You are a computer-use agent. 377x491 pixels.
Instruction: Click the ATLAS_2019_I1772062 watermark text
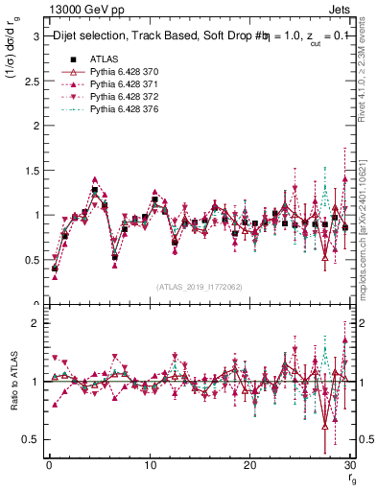point(199,286)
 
